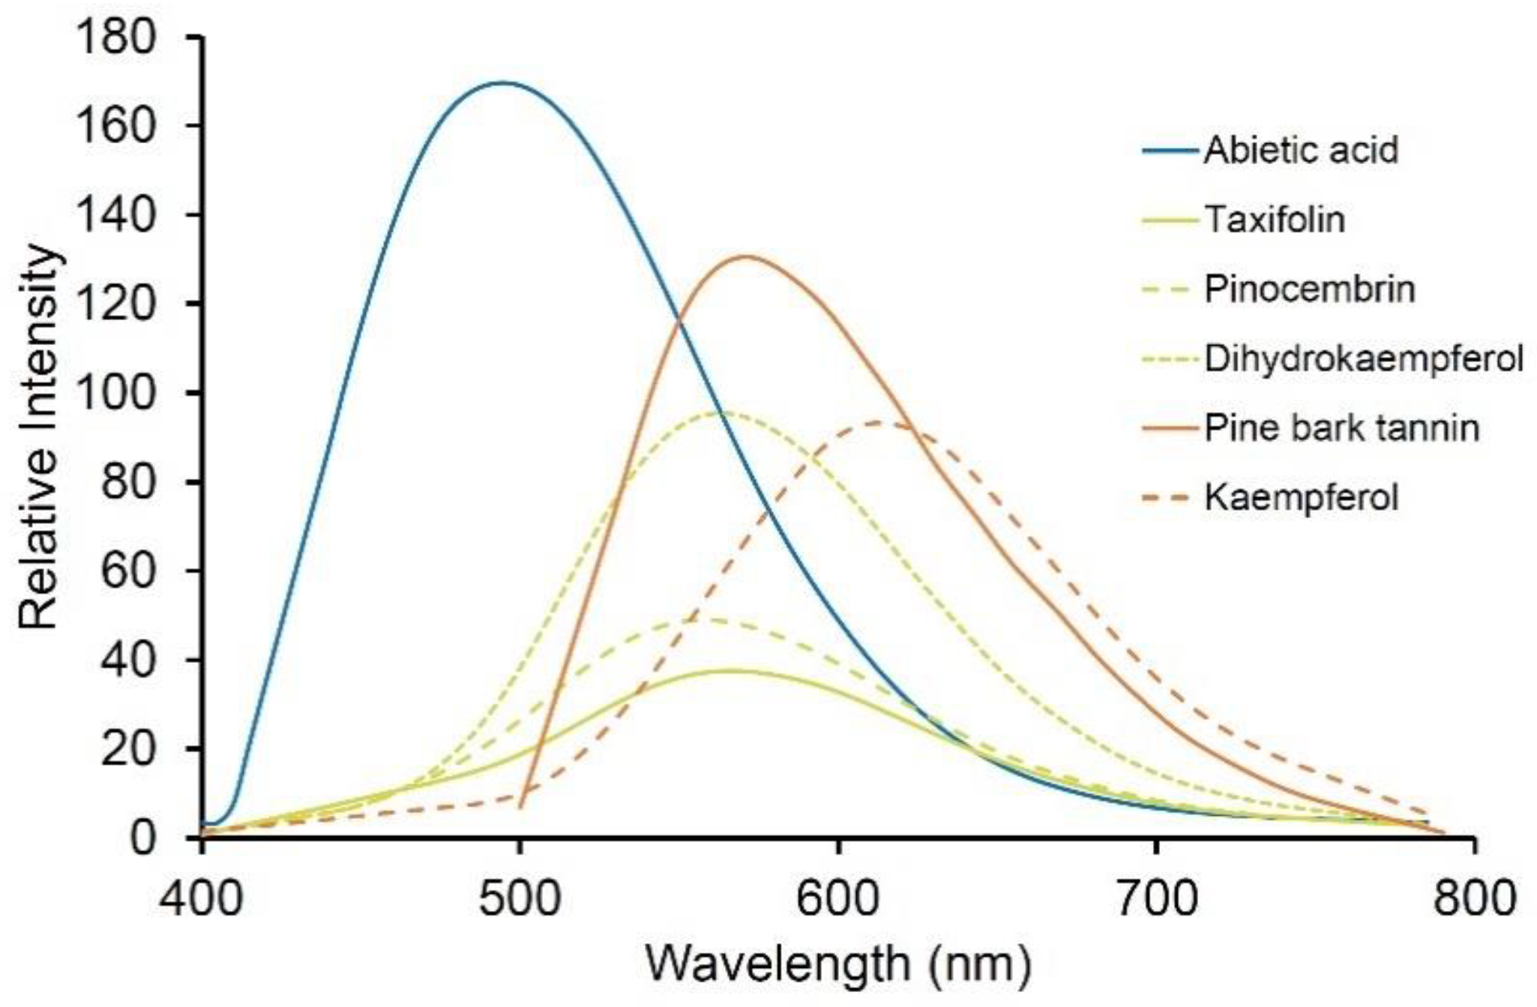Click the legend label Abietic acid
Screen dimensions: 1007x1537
coord(1301,150)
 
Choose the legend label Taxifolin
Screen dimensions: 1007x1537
coord(1275,220)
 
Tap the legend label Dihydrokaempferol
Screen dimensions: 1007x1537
coord(1364,358)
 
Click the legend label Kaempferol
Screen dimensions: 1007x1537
coord(1302,497)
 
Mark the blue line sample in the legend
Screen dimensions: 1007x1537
coord(1170,151)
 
